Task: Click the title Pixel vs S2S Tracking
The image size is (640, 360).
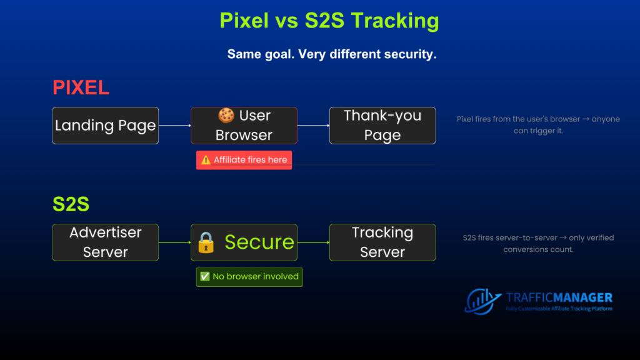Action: (x=329, y=21)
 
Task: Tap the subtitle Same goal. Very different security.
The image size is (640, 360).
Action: (x=332, y=54)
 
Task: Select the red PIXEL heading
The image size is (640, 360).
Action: (x=81, y=87)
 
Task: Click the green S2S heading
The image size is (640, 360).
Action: (x=71, y=204)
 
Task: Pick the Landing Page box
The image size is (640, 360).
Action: (x=105, y=126)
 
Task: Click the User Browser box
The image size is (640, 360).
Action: (x=244, y=126)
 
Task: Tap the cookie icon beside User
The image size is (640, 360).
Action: (x=226, y=116)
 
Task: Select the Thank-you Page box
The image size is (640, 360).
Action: (x=382, y=126)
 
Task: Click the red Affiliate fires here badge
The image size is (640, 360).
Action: (x=244, y=160)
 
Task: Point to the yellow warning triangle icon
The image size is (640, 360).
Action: (x=206, y=160)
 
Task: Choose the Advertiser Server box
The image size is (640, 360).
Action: (x=105, y=242)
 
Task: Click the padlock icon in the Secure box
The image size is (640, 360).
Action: (x=206, y=243)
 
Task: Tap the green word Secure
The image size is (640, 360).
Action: (x=259, y=242)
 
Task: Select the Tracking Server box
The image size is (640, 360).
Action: (x=382, y=242)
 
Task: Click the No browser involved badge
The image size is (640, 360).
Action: (x=249, y=277)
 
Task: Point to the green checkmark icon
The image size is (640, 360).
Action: (x=205, y=277)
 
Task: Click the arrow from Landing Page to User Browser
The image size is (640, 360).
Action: (x=175, y=126)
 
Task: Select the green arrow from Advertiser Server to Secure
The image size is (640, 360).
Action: (x=175, y=242)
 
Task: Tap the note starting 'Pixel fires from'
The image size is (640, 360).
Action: (x=538, y=125)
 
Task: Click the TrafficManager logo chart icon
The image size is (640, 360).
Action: (x=483, y=302)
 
